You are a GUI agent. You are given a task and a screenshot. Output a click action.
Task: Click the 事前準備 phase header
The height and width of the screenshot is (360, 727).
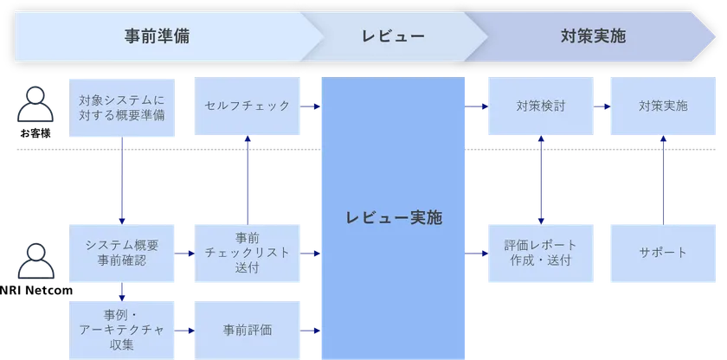156,36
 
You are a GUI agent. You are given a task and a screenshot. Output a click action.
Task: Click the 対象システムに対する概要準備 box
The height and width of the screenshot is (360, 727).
121,106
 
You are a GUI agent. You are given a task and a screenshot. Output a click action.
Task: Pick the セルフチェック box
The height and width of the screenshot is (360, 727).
247,106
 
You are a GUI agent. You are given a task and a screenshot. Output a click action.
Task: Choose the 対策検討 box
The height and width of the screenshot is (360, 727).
540,106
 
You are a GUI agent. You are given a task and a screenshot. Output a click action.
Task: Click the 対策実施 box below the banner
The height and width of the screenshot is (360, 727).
663,106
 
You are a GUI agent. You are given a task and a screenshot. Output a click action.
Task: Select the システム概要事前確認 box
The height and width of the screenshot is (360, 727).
121,253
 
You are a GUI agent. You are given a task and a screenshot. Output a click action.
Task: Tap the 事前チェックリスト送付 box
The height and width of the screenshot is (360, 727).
247,253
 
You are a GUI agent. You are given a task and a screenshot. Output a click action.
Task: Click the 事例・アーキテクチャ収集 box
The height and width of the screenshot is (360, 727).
121,329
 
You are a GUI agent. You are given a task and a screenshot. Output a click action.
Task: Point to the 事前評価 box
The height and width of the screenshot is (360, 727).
247,329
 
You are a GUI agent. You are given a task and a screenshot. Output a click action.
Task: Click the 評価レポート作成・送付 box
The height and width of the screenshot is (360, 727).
540,253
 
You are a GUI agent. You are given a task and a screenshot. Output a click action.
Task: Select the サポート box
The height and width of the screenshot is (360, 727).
663,253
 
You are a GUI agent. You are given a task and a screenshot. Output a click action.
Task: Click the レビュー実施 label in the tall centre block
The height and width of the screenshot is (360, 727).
394,218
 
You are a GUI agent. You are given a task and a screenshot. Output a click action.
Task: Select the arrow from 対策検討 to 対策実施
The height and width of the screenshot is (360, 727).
602,106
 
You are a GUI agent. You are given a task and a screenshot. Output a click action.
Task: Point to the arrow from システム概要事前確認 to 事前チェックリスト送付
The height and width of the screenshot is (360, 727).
184,254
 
